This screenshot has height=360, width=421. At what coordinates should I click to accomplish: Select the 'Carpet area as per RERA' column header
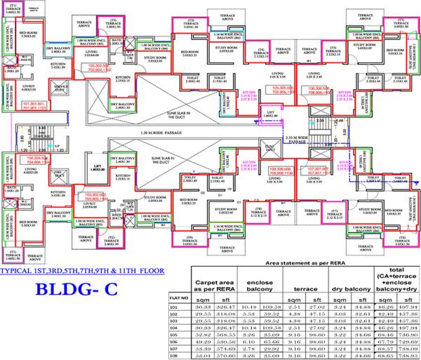coord(213,284)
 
